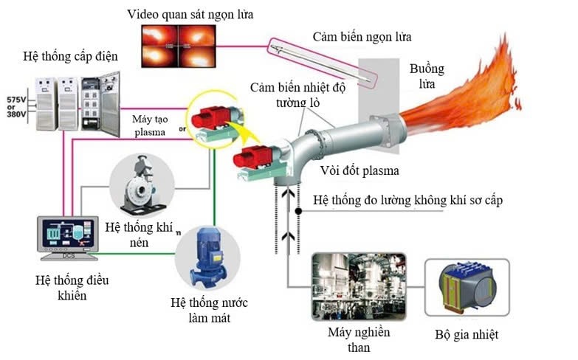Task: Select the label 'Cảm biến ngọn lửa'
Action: (362, 36)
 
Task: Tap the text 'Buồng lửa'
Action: (427, 77)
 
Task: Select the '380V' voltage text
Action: (16, 115)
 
